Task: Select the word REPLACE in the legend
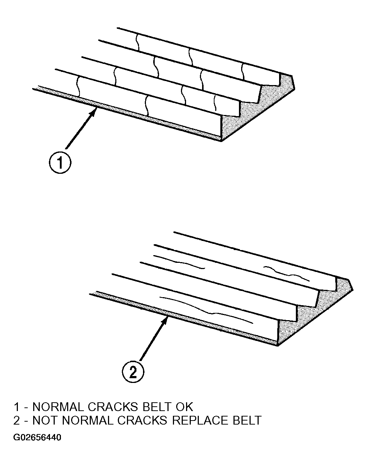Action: [200, 420]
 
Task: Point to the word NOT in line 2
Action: [46, 420]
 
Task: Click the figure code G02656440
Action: [37, 437]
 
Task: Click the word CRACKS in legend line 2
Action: [142, 420]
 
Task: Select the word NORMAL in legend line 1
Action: [58, 407]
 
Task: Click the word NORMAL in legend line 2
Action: [88, 420]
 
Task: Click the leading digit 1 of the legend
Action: [16, 407]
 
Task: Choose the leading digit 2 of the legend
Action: [16, 420]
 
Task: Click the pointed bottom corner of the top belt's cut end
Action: [221, 141]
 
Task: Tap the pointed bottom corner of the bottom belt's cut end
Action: [278, 346]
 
